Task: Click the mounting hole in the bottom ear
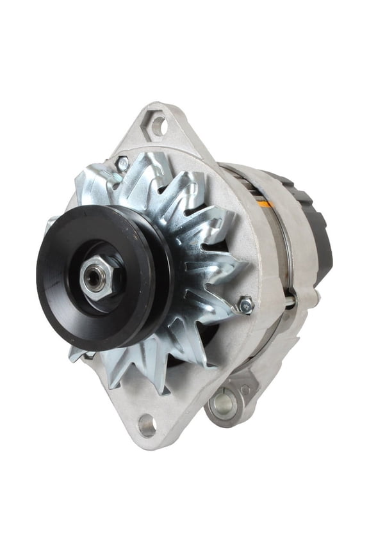147,423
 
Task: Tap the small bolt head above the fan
122,164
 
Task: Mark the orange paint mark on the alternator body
265,204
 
